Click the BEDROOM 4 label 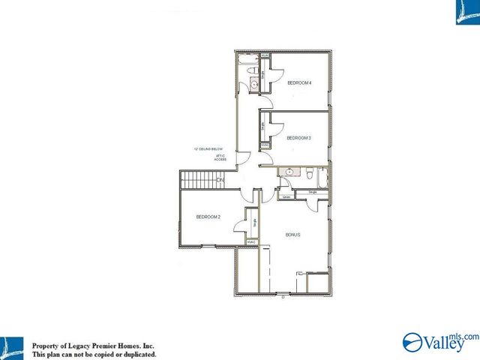(x=298, y=82)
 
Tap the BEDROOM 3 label (x=298, y=138)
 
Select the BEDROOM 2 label (x=208, y=217)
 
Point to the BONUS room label (x=293, y=235)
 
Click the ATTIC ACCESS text (x=220, y=157)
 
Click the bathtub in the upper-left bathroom (x=247, y=58)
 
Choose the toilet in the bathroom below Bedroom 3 (x=308, y=173)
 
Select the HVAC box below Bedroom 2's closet (x=252, y=242)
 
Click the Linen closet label (x=286, y=197)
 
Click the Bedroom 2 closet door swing (x=242, y=226)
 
